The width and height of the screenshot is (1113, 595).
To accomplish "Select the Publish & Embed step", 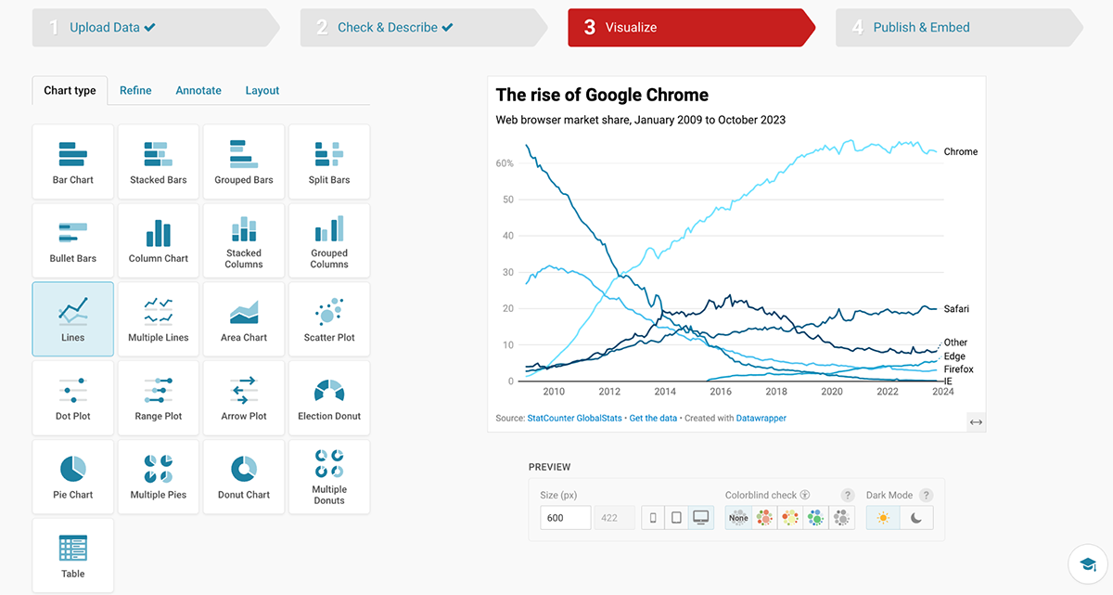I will click(x=920, y=28).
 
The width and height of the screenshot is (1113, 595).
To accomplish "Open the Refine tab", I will click(x=135, y=90).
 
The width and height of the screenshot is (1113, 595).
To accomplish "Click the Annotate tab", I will click(x=198, y=90).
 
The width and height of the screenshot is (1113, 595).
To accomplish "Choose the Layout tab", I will click(x=262, y=90).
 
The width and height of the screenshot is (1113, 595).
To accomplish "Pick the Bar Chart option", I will click(x=73, y=162).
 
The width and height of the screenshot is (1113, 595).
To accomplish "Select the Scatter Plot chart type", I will click(x=329, y=319).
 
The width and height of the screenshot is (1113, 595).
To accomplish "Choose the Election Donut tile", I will click(x=329, y=398).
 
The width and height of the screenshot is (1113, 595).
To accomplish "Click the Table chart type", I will click(x=73, y=555).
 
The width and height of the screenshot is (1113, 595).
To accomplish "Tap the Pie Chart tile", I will click(x=73, y=477).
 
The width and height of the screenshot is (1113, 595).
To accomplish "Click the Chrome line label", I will click(x=960, y=151).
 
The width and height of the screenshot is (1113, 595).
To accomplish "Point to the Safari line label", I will click(x=956, y=308).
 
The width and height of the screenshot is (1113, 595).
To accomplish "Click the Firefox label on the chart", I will click(x=958, y=369).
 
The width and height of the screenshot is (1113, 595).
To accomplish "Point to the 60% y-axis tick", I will click(x=505, y=163).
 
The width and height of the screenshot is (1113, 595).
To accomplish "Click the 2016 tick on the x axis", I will click(x=721, y=392).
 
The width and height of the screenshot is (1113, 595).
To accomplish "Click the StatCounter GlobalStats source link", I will click(x=575, y=419).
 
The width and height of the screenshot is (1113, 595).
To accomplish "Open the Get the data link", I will click(x=653, y=419).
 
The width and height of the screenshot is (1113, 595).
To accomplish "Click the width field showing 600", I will click(x=565, y=518).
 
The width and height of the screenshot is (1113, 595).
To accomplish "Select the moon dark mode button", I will click(x=916, y=518).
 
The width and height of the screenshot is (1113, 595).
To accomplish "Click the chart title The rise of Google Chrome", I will click(x=602, y=95).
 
